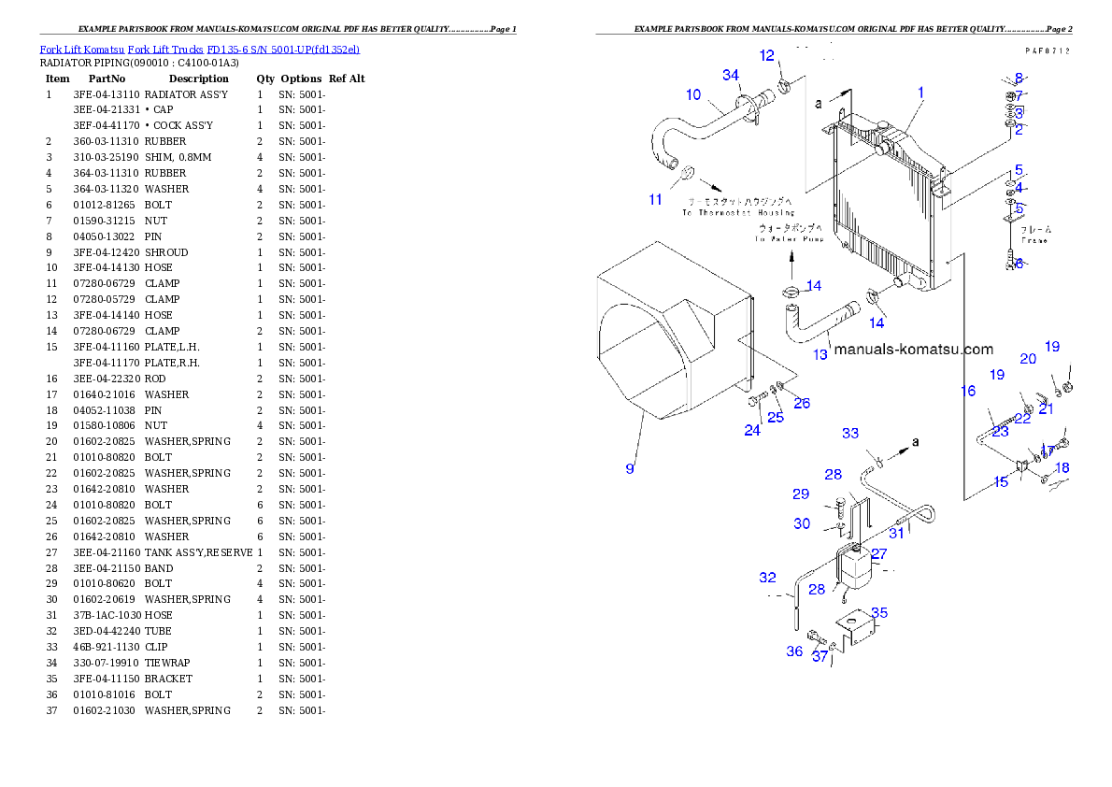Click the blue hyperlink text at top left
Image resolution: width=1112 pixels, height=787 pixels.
tap(199, 49)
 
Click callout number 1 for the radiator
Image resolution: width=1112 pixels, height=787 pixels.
tap(920, 93)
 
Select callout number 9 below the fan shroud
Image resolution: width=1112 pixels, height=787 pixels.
tap(630, 468)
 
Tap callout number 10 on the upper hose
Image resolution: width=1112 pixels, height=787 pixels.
tap(693, 94)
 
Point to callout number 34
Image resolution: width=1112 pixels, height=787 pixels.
tap(731, 75)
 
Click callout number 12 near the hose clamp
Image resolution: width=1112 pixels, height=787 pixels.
tap(767, 56)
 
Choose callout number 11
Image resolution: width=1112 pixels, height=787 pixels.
tap(656, 199)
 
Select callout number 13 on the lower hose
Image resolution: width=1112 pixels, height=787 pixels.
tap(820, 354)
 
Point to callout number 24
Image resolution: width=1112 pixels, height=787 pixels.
tap(752, 430)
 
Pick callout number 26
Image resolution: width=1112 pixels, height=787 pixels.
tap(802, 403)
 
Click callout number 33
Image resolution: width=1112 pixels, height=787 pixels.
tap(849, 433)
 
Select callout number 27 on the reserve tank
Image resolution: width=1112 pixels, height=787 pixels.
tap(878, 553)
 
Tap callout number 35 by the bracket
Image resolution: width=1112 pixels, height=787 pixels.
tap(879, 613)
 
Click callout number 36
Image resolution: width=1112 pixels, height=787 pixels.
tap(794, 651)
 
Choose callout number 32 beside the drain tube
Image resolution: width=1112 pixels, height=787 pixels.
tap(767, 578)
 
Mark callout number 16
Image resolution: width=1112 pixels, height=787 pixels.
tap(968, 391)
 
